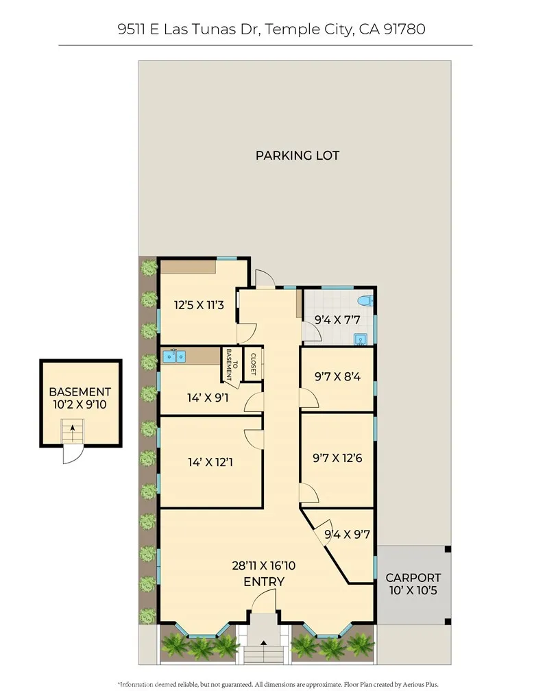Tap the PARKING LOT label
click(298, 156)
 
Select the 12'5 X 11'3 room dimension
click(199, 305)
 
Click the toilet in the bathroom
click(365, 300)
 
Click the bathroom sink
click(360, 338)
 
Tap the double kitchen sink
click(173, 356)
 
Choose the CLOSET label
click(253, 364)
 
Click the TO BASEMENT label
click(231, 365)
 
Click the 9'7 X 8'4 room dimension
click(337, 376)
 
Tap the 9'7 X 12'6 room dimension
click(338, 458)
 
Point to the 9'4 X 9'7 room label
click(347, 534)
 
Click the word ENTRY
click(264, 582)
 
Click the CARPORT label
click(413, 578)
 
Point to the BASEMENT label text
click(80, 392)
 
